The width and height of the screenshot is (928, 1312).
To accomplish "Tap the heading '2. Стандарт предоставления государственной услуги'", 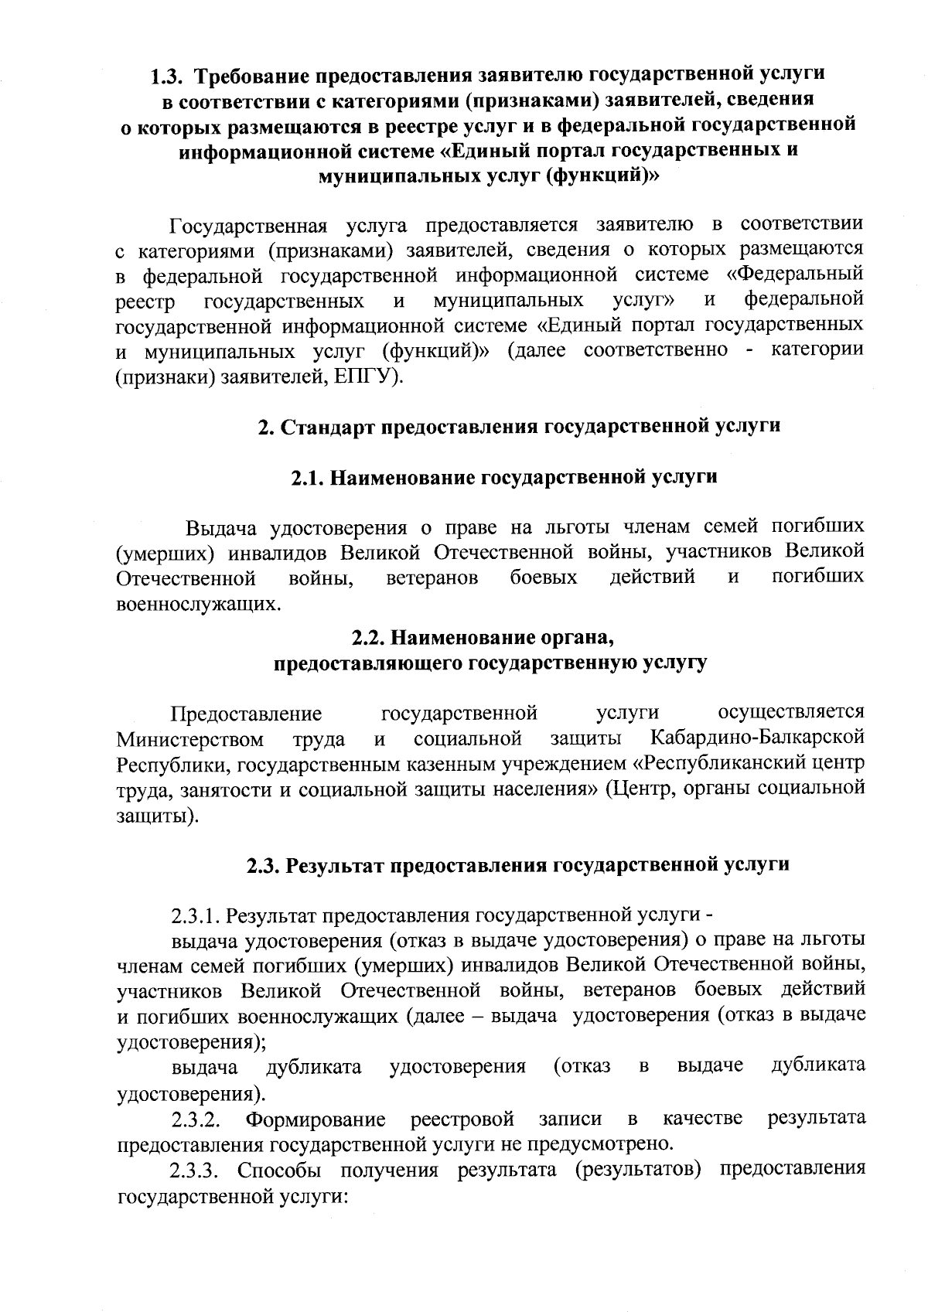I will (x=518, y=426).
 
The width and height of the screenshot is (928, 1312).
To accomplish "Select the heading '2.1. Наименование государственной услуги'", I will (x=504, y=477).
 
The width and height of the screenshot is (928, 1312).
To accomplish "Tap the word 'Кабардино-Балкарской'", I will (x=757, y=738).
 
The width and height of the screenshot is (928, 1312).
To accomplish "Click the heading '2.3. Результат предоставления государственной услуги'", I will (x=518, y=864).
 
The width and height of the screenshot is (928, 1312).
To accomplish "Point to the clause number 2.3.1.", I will (x=196, y=916).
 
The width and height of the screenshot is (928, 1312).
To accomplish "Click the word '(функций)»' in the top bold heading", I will (x=602, y=176).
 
